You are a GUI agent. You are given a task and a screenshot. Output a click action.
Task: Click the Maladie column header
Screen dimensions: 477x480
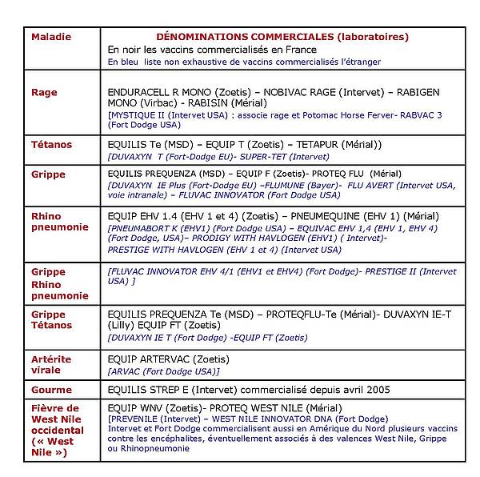click(50, 37)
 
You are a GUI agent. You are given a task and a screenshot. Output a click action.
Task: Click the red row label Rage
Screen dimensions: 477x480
click(44, 92)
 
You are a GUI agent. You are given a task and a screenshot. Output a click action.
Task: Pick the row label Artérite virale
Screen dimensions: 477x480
click(50, 364)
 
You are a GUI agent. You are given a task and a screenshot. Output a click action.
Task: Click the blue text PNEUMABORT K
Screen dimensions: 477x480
click(143, 228)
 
